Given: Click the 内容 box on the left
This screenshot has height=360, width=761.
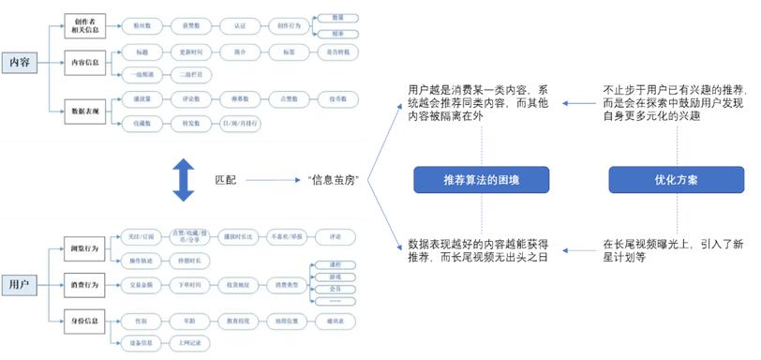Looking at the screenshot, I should coord(20,62).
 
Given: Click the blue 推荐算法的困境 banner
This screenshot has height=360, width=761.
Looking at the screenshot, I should coord(481,179).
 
